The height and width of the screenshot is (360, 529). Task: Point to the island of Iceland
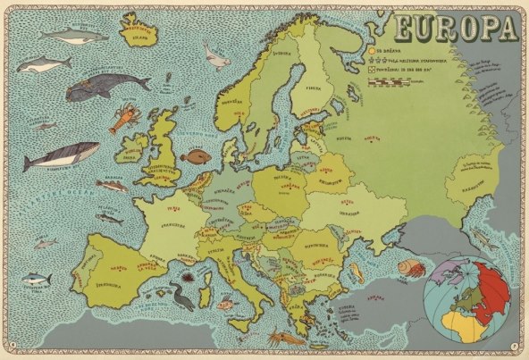pyautogui.click(x=137, y=37)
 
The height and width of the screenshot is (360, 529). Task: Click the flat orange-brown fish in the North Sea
pyautogui.click(x=192, y=158)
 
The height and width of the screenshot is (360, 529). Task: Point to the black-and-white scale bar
pyautogui.click(x=393, y=80)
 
